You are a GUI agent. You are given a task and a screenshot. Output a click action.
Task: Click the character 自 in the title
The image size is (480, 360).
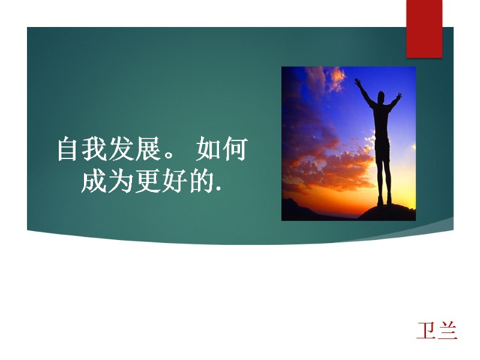tap(68, 149)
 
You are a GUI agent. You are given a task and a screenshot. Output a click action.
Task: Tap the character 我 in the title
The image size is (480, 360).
tap(94, 149)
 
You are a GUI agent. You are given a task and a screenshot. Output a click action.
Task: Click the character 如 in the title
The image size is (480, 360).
tap(208, 149)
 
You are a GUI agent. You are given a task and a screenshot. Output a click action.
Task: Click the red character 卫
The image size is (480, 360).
tap(427, 331)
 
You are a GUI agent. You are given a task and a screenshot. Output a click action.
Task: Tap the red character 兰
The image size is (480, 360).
tap(448, 331)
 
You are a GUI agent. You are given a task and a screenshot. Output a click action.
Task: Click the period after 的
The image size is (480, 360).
tap(217, 190)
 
